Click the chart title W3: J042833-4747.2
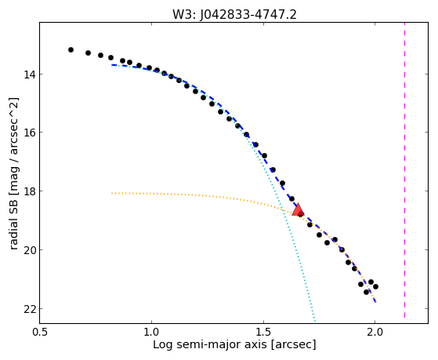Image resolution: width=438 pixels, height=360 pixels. click(x=234, y=14)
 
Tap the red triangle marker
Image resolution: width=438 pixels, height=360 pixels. click(x=298, y=209)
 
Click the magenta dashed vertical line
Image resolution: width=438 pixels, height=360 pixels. click(x=404, y=170)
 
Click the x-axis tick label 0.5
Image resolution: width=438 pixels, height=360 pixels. click(x=40, y=332)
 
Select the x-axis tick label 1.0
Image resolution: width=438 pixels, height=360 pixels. click(x=152, y=332)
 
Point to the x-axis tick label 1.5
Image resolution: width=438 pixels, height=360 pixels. click(x=264, y=332)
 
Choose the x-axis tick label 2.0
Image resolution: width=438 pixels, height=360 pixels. click(x=375, y=332)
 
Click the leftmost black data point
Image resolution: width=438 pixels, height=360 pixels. click(x=71, y=49)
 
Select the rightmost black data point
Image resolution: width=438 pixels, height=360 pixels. click(x=375, y=287)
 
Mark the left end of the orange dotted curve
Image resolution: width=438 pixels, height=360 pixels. click(x=112, y=193)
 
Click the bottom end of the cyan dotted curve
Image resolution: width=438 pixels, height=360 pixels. click(x=314, y=321)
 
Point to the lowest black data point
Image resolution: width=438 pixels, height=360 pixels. click(x=366, y=292)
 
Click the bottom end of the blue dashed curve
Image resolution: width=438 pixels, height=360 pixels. click(x=375, y=302)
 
